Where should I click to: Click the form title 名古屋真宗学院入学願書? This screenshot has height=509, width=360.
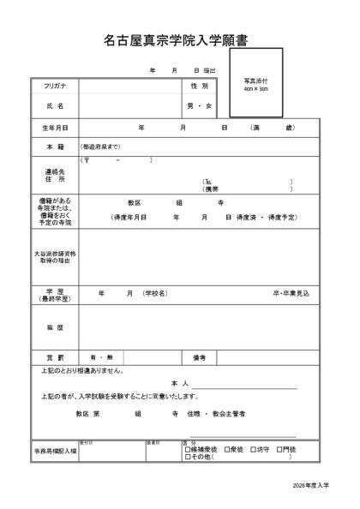(x=181, y=39)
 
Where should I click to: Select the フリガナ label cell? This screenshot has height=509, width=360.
(x=55, y=87)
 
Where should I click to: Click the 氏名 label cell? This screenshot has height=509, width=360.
(x=55, y=106)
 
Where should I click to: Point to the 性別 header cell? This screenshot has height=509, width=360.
(x=199, y=87)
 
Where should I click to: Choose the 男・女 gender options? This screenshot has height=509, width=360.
(x=199, y=106)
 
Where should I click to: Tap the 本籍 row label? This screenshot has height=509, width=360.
(x=55, y=147)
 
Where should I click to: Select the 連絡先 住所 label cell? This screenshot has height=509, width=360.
(x=55, y=175)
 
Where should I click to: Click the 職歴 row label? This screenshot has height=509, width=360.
(x=55, y=327)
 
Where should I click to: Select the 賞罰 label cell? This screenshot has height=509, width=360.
(x=55, y=356)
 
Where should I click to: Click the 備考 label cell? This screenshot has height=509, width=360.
(x=199, y=356)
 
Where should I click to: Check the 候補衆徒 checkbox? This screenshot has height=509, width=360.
(x=187, y=448)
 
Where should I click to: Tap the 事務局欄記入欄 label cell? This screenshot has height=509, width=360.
(x=55, y=450)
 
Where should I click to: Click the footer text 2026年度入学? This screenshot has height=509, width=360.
(x=309, y=485)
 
